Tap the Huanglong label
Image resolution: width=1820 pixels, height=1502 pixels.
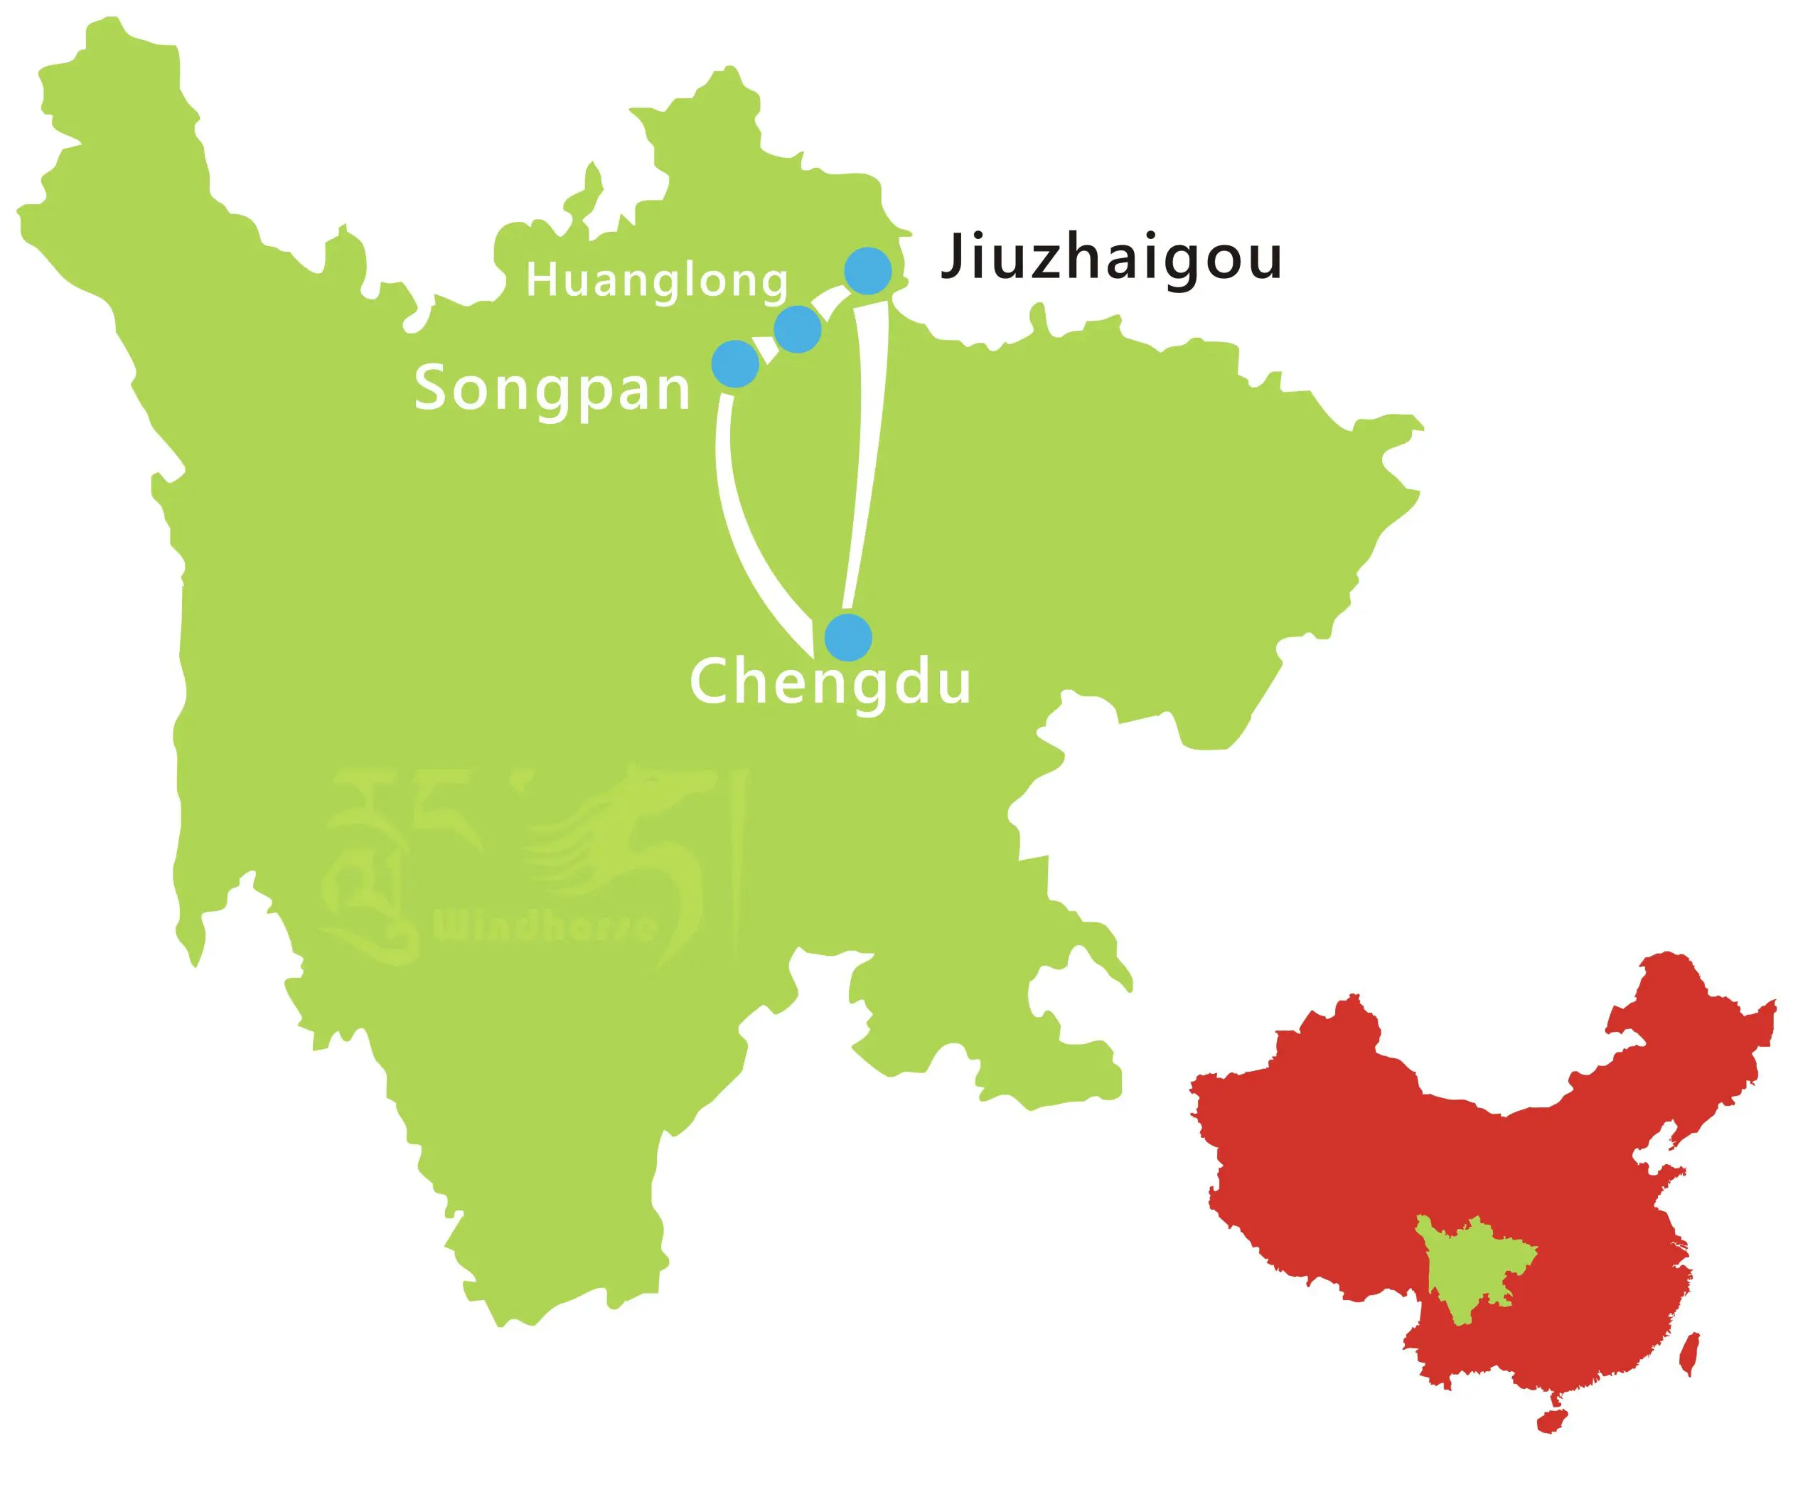(x=656, y=281)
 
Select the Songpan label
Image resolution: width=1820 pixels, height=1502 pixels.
(x=552, y=388)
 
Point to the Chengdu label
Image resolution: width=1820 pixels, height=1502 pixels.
(x=830, y=682)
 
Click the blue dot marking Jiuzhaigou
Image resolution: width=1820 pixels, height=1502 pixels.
(x=867, y=271)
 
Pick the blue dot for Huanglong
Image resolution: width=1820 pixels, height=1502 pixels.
(x=797, y=329)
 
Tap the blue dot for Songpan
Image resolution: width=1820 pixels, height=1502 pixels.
(x=735, y=363)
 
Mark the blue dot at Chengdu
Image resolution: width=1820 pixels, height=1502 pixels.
(x=847, y=638)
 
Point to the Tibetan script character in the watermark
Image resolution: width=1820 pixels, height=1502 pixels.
(x=372, y=865)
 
